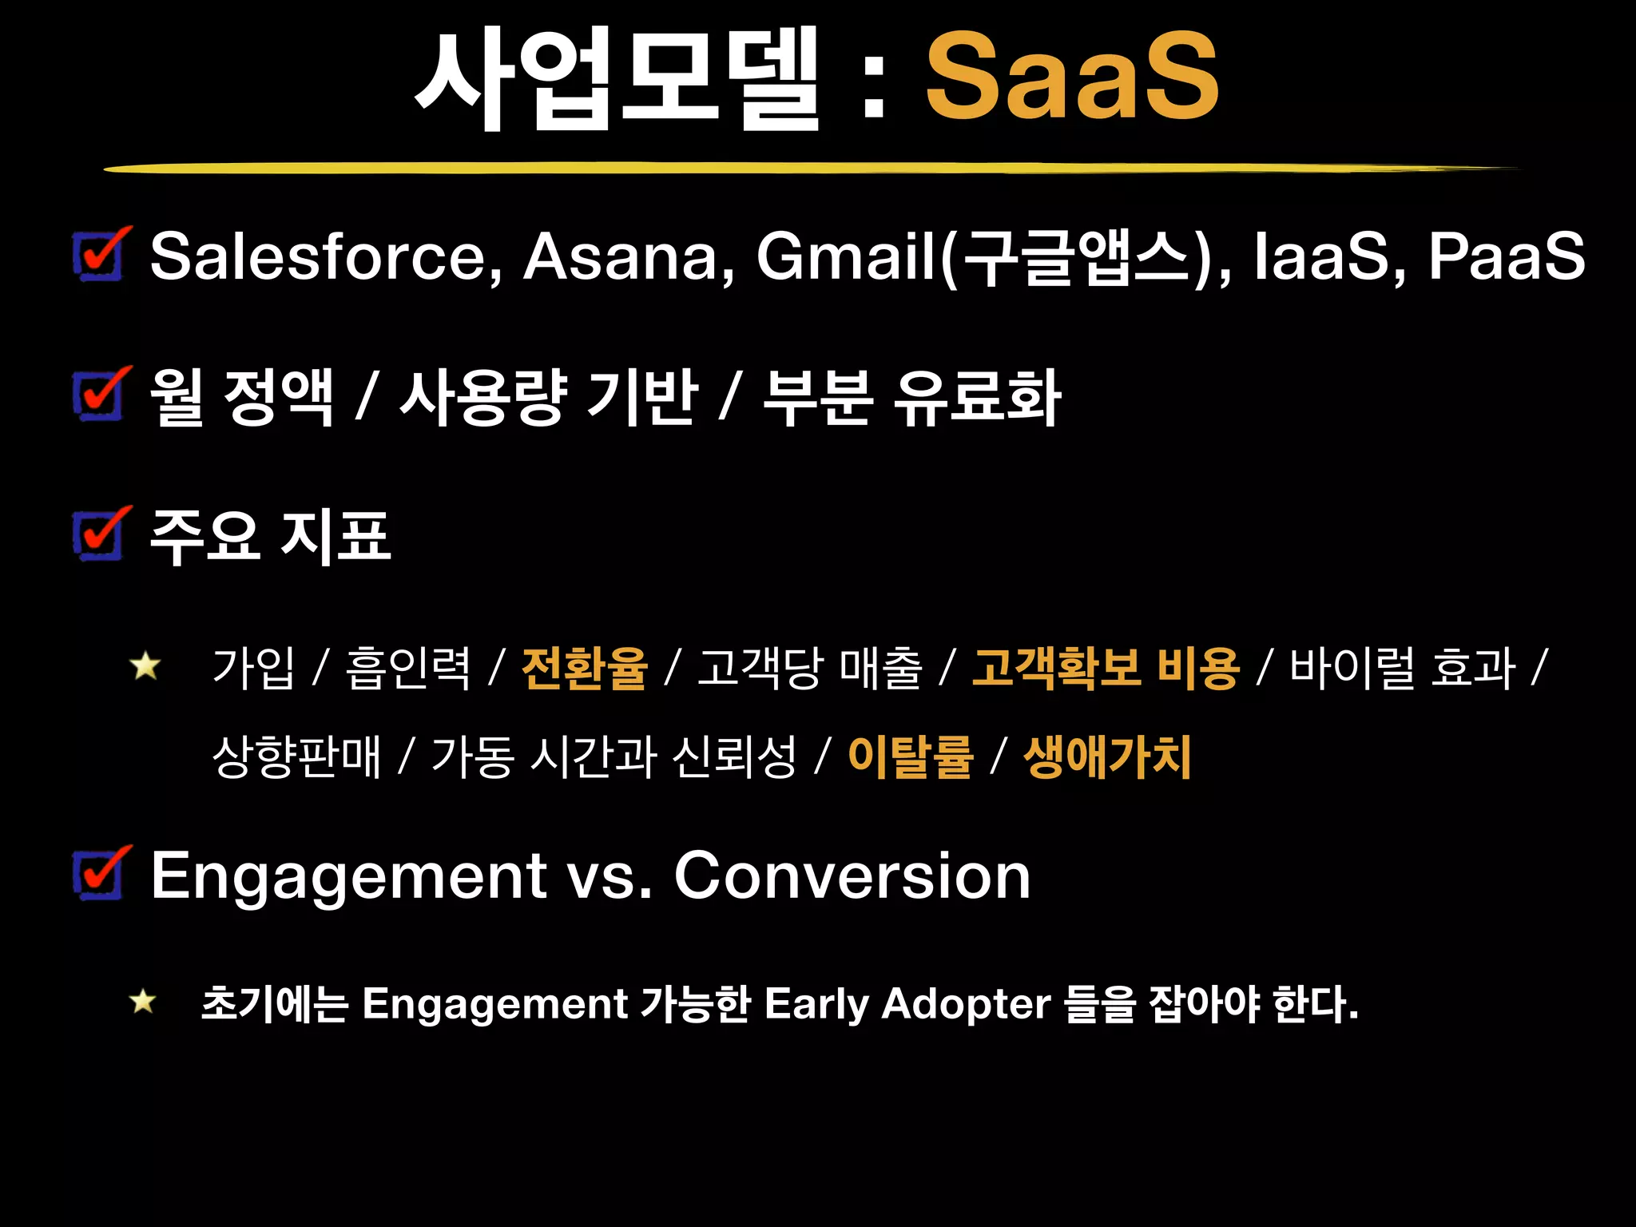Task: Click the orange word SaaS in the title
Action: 1072,77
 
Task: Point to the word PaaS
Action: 1506,256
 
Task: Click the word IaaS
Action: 1322,256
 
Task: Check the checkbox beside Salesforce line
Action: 100,255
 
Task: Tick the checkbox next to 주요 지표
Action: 100,534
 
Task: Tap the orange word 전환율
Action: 584,668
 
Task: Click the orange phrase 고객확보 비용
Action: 1106,668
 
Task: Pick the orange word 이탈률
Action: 911,756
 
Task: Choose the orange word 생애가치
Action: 1107,756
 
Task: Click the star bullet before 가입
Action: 145,665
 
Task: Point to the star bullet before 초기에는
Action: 143,1001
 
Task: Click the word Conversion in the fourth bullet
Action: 852,876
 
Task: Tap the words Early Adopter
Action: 907,1003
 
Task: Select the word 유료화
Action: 978,397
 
